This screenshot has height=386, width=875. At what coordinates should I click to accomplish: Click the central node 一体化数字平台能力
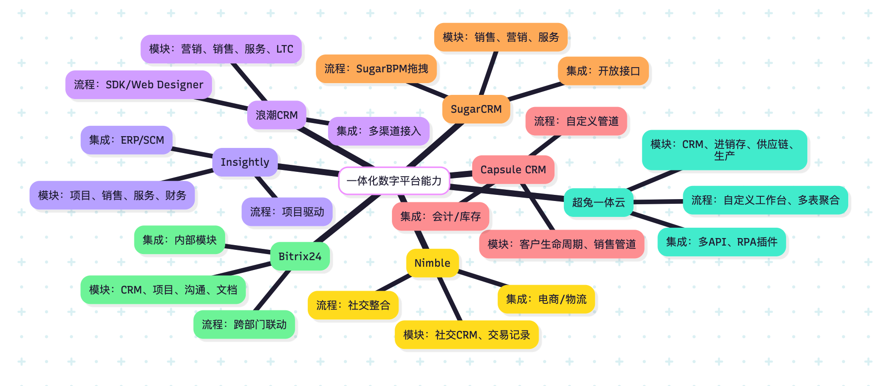[394, 181]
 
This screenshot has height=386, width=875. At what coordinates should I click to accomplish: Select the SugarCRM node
[476, 109]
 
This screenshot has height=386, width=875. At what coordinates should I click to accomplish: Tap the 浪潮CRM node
[276, 115]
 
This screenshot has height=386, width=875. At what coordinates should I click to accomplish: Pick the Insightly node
[245, 162]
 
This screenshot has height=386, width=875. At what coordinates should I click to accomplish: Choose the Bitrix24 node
[300, 256]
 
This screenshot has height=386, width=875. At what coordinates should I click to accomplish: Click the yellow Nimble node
[432, 263]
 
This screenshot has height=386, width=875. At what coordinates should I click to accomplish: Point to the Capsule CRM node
[513, 170]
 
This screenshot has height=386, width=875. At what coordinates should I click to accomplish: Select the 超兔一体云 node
[598, 202]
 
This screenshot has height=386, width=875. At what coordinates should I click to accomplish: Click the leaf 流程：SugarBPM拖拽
[376, 69]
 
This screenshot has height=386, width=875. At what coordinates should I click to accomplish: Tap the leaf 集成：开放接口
[603, 71]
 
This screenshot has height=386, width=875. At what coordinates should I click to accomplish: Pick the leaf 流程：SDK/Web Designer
[139, 85]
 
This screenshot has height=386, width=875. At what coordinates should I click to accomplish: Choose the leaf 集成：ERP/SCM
[126, 140]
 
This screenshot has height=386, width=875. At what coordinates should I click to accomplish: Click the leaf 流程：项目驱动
[287, 212]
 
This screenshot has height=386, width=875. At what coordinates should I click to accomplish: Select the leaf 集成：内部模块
[180, 240]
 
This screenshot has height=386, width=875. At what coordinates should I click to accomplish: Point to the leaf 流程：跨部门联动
[244, 324]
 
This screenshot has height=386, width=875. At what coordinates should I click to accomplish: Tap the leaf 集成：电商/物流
[546, 299]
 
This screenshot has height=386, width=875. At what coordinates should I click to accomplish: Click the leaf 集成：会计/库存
[440, 216]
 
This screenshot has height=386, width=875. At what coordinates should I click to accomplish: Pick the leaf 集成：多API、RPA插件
[721, 242]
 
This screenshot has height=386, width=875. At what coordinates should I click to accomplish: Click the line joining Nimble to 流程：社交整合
[394, 283]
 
